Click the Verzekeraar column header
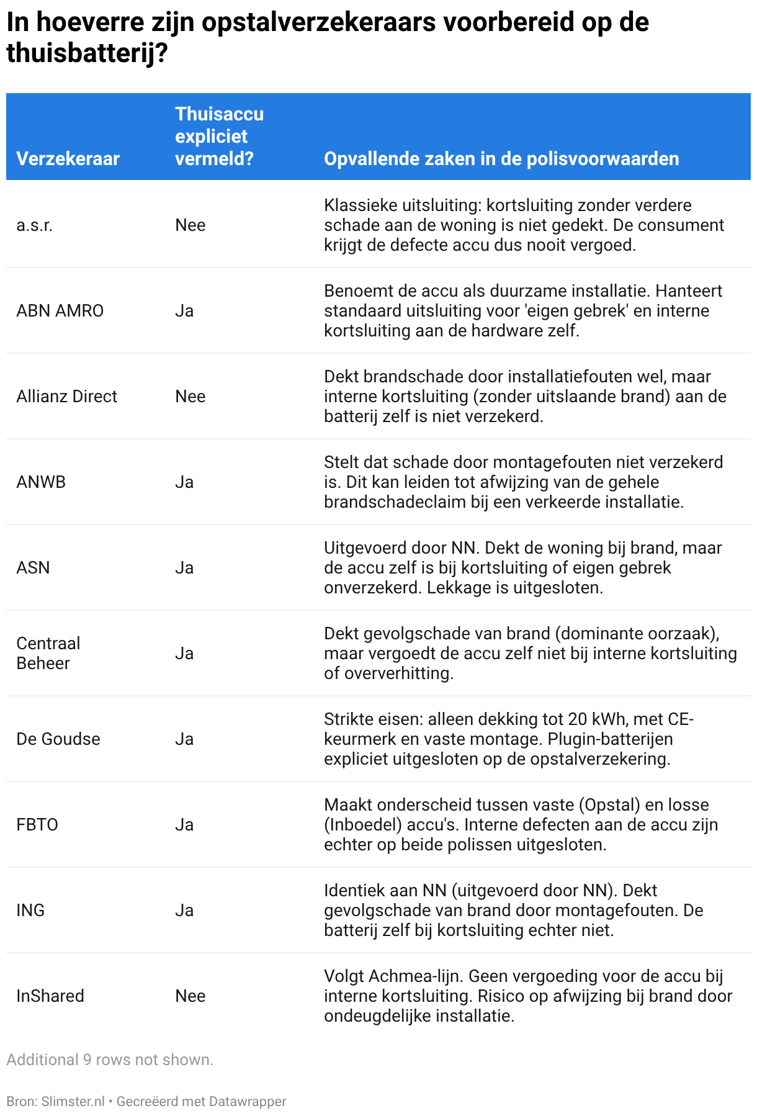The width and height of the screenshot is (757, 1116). (68, 159)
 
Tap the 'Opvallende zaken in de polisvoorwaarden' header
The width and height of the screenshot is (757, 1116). (501, 159)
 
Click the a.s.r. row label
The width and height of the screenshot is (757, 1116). (35, 225)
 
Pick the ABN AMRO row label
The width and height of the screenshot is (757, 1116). (60, 311)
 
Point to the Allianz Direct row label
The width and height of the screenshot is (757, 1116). (66, 397)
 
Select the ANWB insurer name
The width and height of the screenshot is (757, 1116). (41, 482)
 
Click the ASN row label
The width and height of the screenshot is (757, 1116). (33, 568)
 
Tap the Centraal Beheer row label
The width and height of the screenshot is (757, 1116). (48, 654)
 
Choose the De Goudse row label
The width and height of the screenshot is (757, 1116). (58, 739)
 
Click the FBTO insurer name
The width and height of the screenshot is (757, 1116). (37, 825)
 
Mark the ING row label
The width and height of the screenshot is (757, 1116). (30, 911)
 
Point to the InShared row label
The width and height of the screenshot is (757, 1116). (50, 996)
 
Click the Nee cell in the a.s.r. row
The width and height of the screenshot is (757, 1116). (190, 225)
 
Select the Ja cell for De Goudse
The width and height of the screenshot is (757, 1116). (184, 739)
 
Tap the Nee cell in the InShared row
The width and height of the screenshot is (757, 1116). (190, 996)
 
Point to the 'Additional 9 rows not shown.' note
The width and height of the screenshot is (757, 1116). (110, 1060)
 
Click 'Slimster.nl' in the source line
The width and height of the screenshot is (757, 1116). (73, 1102)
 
